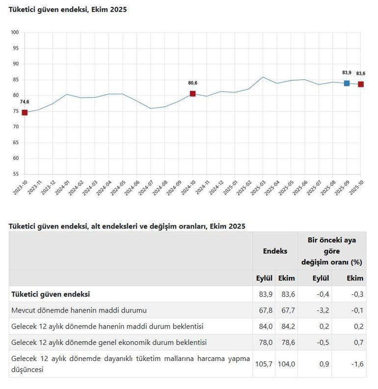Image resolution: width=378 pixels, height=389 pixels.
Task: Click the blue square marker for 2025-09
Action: [347, 83]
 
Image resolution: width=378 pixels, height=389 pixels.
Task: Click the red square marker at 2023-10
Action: [25, 112]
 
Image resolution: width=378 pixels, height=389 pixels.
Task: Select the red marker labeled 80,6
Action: [192, 94]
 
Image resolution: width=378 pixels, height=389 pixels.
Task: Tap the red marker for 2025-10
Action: [361, 84]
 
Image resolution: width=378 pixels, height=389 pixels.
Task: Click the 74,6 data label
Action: [25, 102]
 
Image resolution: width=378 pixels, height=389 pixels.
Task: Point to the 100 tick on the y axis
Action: [15, 32]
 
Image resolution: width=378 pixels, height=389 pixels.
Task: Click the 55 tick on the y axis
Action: [16, 174]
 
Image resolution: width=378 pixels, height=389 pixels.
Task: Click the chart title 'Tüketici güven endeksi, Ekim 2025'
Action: [67, 9]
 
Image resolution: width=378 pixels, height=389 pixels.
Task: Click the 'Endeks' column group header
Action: [275, 251]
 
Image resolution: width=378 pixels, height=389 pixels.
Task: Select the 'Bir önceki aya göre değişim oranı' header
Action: [331, 251]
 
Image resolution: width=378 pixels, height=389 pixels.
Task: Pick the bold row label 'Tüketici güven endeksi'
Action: [51, 294]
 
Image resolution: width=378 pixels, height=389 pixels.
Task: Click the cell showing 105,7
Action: [264, 364]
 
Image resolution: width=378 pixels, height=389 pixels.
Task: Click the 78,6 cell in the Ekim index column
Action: [287, 342]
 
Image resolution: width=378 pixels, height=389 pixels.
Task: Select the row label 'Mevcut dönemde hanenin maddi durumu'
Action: [79, 311]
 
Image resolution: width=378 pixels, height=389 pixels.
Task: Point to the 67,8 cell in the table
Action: [264, 311]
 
